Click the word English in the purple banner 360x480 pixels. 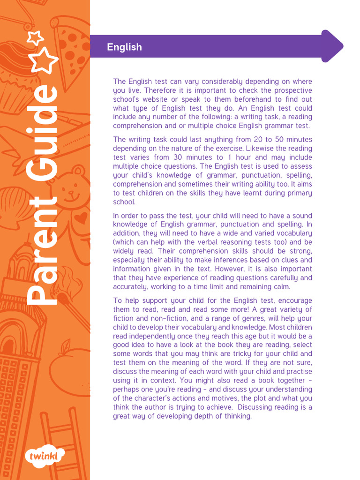point(124,47)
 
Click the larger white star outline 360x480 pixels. point(45,60)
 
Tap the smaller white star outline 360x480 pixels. point(35,37)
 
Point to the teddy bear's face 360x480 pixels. point(70,190)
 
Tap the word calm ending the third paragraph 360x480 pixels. point(281,287)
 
